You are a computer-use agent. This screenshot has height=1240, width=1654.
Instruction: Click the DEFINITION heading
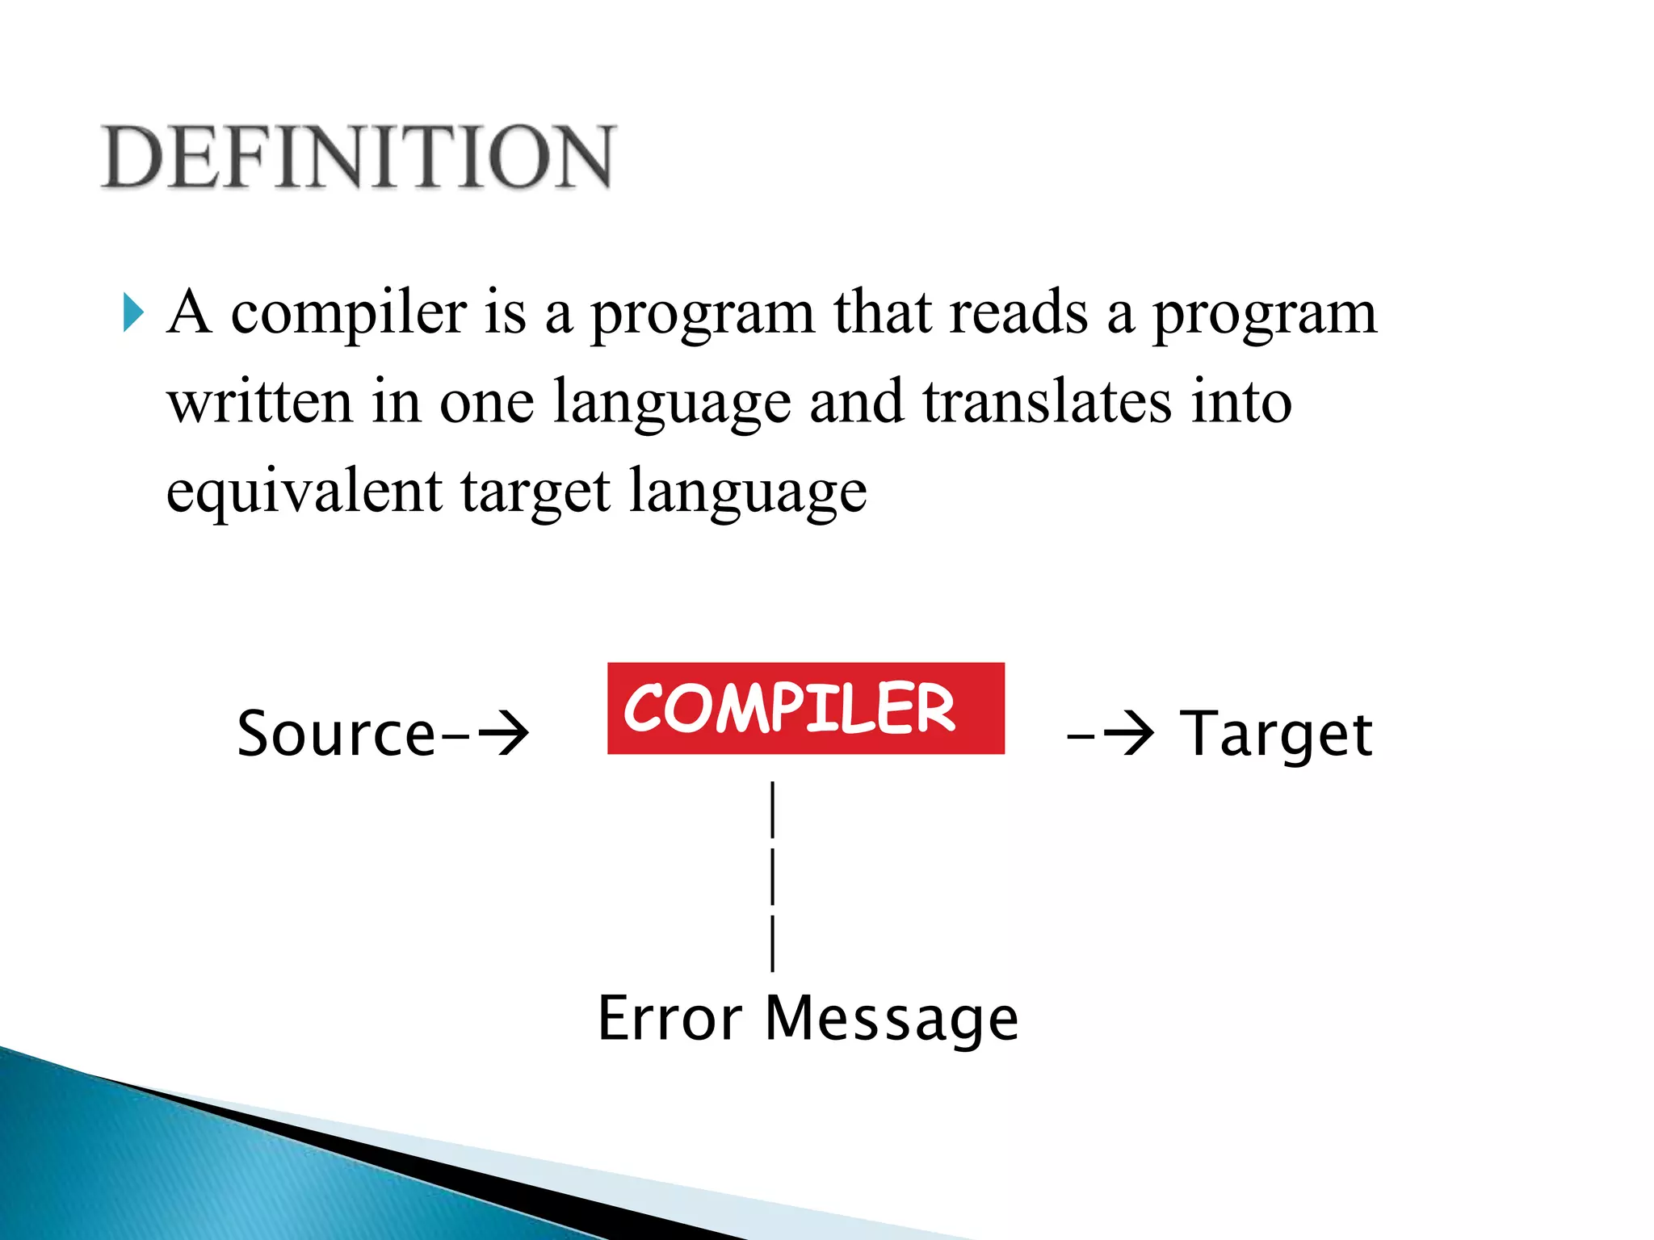tap(358, 157)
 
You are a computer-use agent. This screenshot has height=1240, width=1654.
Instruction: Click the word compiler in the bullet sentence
tap(348, 313)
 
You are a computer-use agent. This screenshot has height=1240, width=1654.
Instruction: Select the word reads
tap(1018, 313)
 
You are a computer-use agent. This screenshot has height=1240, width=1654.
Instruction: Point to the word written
tap(259, 402)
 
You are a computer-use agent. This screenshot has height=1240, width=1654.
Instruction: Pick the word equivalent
tap(304, 492)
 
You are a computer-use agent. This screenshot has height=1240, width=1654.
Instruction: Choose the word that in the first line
tap(882, 313)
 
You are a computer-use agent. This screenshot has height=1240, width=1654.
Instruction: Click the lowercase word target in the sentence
tap(535, 492)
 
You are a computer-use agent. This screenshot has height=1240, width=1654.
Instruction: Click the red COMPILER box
tap(805, 708)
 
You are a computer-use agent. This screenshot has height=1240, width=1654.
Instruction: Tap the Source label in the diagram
tap(336, 734)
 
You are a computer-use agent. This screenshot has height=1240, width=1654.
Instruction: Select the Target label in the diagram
tap(1275, 734)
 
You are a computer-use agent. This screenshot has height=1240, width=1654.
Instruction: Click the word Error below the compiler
tap(670, 1018)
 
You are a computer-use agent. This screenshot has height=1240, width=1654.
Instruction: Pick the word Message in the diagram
tap(892, 1018)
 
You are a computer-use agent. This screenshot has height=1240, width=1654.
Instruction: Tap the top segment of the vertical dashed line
tap(773, 809)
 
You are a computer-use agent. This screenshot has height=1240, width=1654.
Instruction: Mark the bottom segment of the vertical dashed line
tap(773, 942)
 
